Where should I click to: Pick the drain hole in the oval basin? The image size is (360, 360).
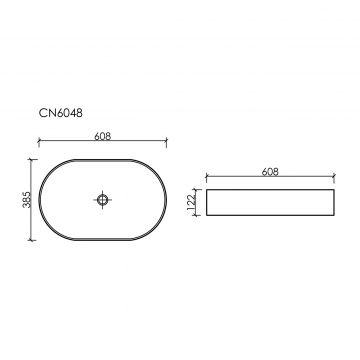102,200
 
